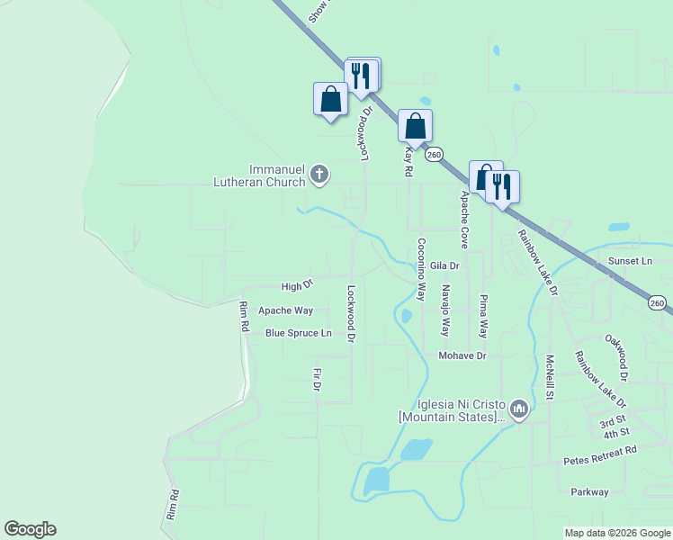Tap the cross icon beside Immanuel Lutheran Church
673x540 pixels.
319,175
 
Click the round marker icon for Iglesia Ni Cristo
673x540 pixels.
518,410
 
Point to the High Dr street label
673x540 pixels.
297,286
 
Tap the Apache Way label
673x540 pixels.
285,310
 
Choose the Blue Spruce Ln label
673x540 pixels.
298,333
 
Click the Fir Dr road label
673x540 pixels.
317,380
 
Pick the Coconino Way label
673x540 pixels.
420,268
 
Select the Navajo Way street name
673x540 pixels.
445,310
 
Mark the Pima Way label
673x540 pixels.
484,315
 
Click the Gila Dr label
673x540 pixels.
444,265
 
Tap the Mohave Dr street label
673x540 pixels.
462,355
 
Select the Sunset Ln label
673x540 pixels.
630,260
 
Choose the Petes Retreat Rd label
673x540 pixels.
600,454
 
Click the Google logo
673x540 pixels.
30,529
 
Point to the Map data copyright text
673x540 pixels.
616,533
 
